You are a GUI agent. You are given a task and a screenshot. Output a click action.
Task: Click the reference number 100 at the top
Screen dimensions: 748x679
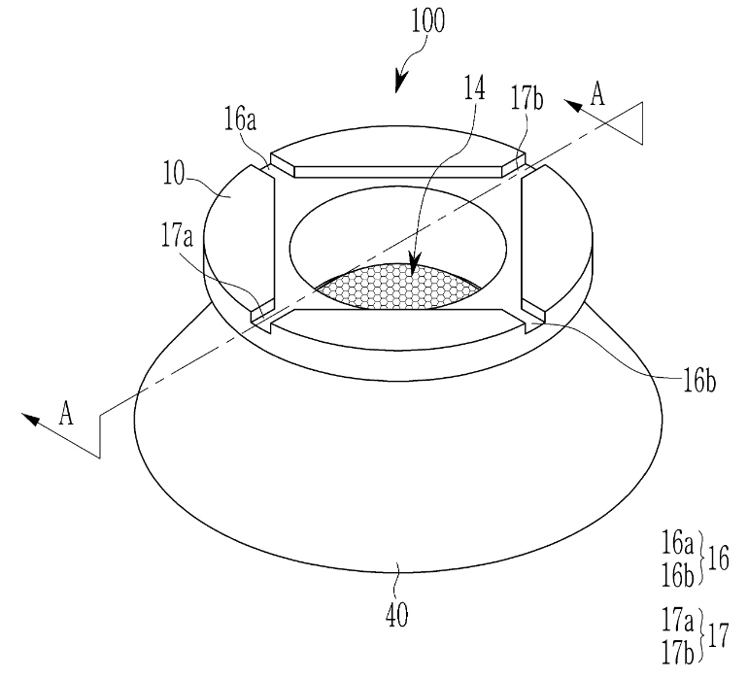[x=427, y=20]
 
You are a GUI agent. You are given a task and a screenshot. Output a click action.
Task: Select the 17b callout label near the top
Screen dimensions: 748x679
[x=527, y=98]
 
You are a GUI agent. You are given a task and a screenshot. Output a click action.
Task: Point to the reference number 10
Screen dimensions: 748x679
[x=173, y=173]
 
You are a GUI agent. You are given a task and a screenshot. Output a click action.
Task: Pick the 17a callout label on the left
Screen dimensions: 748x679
[x=177, y=236]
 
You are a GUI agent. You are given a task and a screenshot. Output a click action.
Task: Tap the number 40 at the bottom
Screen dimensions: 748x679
[x=397, y=616]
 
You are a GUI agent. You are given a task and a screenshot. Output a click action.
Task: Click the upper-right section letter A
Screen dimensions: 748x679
[x=597, y=93]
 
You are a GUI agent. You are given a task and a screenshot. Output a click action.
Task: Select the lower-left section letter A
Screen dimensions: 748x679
[x=66, y=413]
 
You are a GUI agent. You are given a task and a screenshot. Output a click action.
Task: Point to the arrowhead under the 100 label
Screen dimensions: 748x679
[x=400, y=83]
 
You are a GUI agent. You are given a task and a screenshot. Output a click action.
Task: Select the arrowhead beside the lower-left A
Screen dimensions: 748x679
[x=30, y=419]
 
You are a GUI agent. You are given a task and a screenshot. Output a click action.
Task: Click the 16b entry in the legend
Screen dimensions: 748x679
[x=677, y=575]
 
